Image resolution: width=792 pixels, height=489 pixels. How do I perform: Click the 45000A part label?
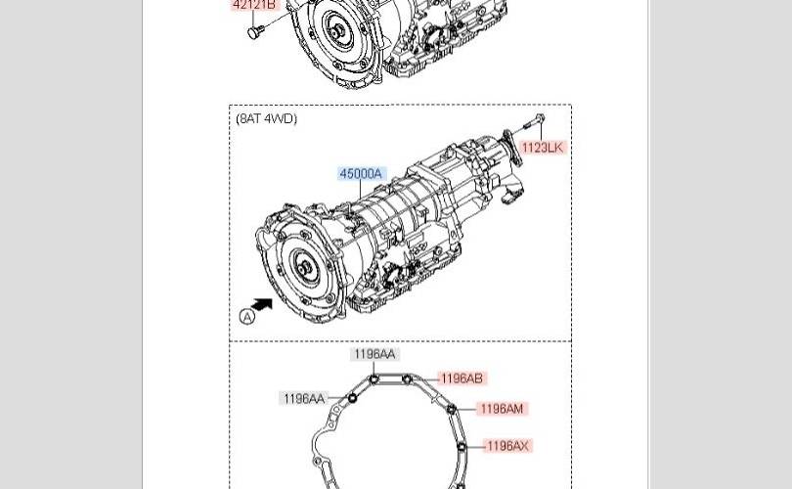click(361, 174)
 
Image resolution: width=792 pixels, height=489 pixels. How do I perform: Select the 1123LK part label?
click(542, 148)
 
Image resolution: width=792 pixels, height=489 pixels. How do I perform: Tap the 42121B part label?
click(254, 5)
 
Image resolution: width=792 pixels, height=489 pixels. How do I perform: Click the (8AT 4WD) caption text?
click(266, 119)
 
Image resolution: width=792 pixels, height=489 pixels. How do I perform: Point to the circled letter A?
click(246, 316)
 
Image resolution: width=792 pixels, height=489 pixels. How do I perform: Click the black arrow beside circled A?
click(261, 306)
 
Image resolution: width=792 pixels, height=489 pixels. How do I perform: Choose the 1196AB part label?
click(461, 378)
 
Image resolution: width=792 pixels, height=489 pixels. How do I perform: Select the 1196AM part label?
click(502, 409)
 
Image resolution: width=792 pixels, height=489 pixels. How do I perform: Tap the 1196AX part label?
click(506, 446)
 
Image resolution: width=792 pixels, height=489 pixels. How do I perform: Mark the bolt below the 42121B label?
click(255, 32)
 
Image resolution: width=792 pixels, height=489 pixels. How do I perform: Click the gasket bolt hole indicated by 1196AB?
click(407, 379)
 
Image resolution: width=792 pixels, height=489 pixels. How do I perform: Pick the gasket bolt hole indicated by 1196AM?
click(452, 411)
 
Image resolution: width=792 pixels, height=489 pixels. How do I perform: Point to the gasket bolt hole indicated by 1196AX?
click(462, 447)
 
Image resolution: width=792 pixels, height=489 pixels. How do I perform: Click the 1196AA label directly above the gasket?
click(374, 354)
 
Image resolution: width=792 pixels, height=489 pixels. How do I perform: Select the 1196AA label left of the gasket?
click(303, 398)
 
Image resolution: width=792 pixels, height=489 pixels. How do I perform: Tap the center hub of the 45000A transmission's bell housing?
click(306, 268)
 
